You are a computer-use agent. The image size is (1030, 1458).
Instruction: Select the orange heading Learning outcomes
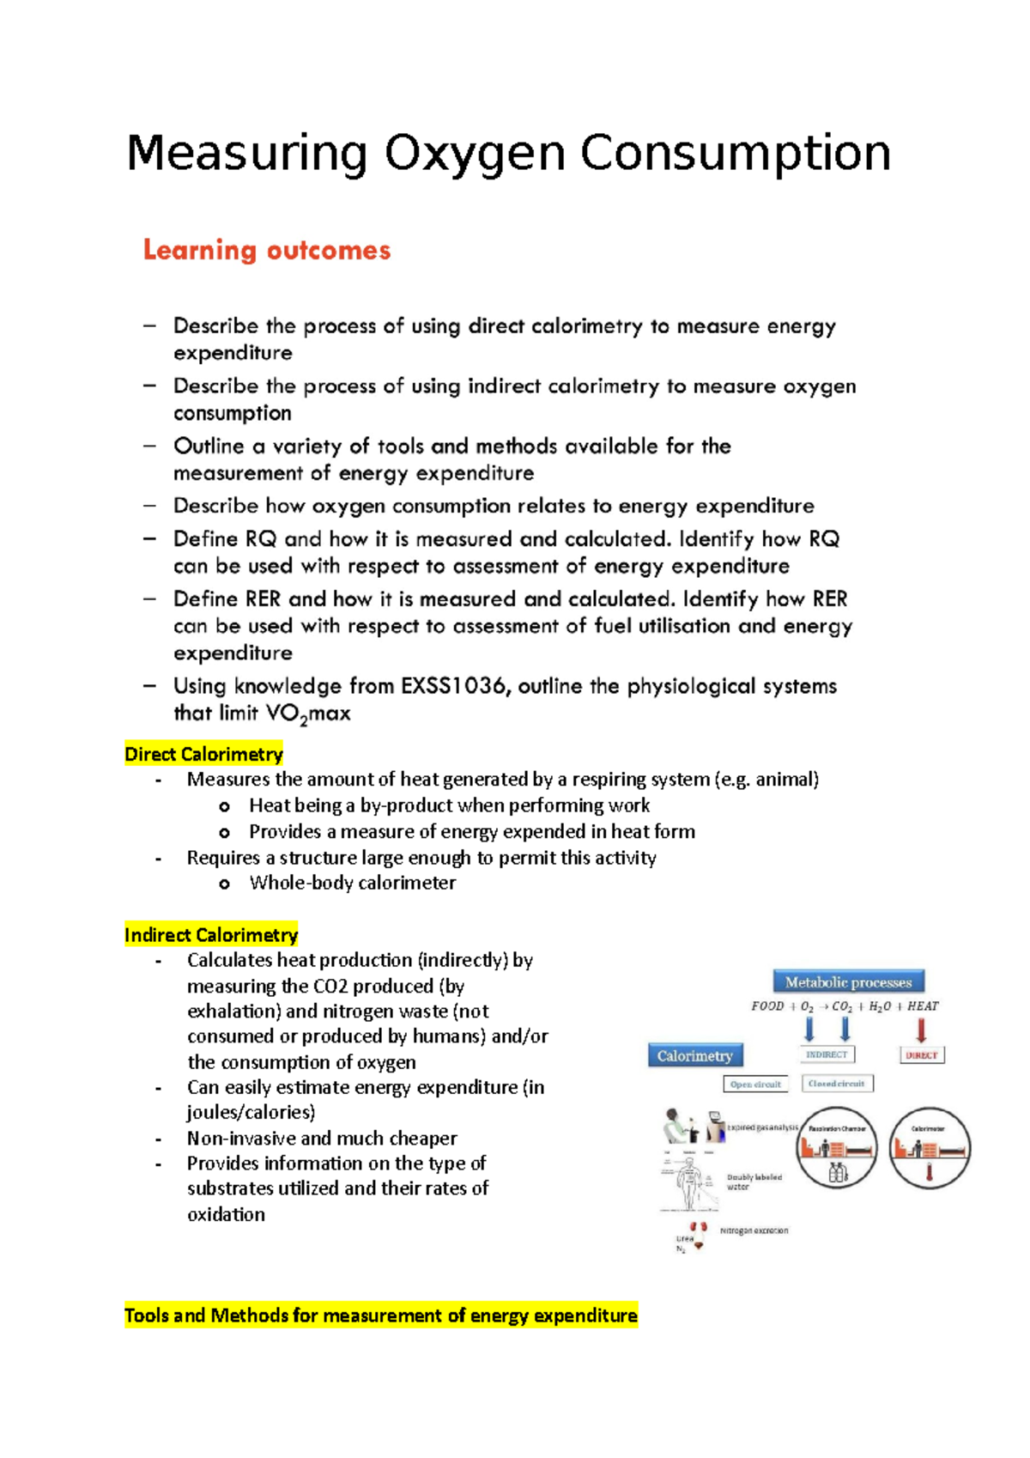(x=266, y=250)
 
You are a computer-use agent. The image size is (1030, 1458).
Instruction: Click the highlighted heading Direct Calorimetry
(x=203, y=754)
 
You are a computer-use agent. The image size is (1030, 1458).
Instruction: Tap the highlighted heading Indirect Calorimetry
(x=211, y=935)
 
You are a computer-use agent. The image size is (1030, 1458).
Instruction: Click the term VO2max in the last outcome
(x=307, y=714)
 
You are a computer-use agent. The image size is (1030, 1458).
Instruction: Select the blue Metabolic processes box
(x=848, y=981)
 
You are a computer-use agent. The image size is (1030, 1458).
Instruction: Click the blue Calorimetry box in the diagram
(x=695, y=1055)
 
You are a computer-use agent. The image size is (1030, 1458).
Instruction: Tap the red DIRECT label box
(x=921, y=1054)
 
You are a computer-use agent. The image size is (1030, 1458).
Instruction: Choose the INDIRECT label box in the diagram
(x=827, y=1054)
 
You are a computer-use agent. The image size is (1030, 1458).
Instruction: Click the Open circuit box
(x=755, y=1084)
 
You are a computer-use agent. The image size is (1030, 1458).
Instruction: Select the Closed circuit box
(x=837, y=1084)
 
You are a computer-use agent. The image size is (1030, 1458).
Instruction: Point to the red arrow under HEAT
(x=922, y=1029)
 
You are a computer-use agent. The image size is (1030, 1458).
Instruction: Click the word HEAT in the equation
(x=923, y=1006)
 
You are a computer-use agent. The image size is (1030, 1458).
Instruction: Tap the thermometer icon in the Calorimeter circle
(x=929, y=1173)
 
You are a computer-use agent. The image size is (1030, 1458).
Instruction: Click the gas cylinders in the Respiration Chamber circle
(x=838, y=1173)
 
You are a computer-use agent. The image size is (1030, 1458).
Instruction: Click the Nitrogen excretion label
(x=754, y=1230)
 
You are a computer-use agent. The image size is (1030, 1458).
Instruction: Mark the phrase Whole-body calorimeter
(x=352, y=883)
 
